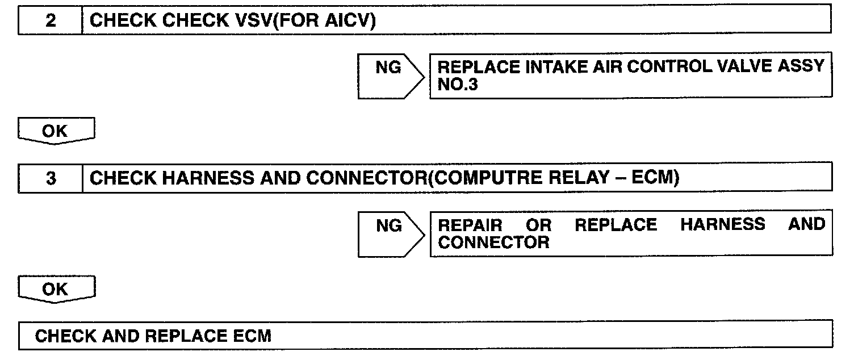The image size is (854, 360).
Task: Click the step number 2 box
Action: click(51, 22)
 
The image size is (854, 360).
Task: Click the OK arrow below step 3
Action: click(55, 290)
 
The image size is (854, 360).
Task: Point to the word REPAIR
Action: click(471, 224)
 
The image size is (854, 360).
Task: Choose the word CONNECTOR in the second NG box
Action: click(494, 243)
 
